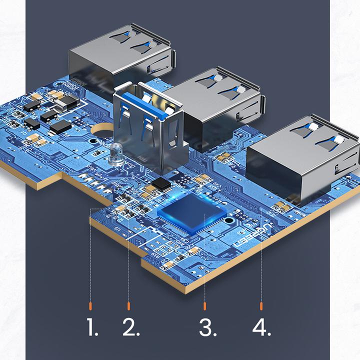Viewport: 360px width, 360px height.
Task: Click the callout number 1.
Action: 91,327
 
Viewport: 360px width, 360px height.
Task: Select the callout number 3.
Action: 207,327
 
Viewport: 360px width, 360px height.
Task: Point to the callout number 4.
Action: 261,327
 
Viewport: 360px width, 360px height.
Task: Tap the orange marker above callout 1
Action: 90,304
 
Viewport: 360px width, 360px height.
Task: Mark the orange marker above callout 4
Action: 261,304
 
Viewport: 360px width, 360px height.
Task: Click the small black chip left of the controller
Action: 161,183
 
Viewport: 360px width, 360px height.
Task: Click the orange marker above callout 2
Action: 128,304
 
